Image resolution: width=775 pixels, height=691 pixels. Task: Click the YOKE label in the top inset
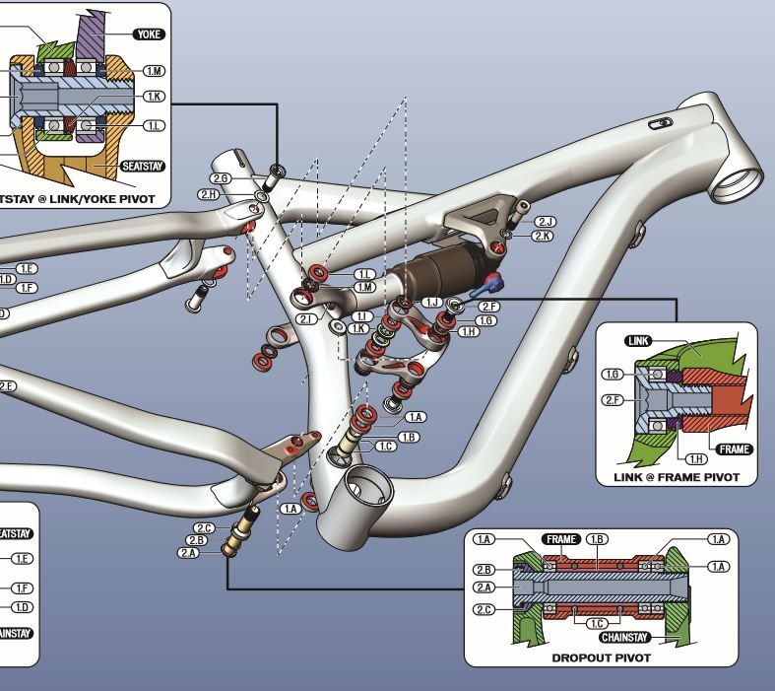149,35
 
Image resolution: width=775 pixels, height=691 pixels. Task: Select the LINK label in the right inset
639,341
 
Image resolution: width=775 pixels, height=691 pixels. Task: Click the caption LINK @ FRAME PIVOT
678,477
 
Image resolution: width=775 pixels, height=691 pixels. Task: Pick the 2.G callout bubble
221,178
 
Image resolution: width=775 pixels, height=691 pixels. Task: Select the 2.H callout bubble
208,194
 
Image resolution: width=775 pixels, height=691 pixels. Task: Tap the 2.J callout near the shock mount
545,222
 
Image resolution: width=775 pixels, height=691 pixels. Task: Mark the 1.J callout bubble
432,302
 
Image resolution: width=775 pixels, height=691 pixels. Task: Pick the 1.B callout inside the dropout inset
598,539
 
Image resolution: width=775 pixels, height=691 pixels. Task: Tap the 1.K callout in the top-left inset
155,96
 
